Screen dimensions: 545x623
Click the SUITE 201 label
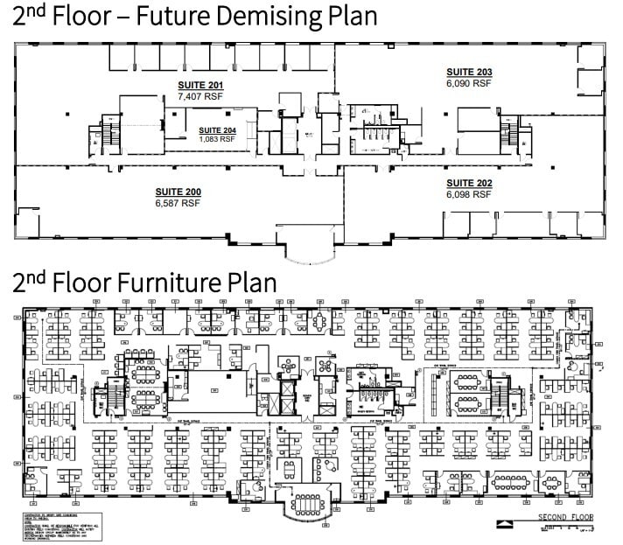click(201, 85)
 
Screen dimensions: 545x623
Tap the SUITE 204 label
click(217, 129)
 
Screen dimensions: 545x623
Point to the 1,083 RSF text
click(217, 138)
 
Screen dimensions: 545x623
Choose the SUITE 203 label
click(470, 72)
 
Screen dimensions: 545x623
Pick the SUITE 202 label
click(470, 183)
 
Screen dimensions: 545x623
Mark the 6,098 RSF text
click(470, 193)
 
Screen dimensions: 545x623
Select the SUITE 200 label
click(178, 192)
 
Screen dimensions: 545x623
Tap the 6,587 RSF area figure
click(178, 202)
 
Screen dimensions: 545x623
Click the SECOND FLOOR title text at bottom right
click(565, 517)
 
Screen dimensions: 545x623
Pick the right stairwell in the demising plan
click(508, 134)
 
